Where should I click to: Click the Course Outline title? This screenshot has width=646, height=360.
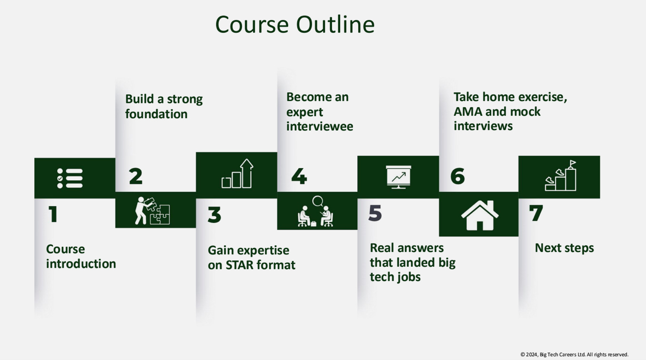pos(295,24)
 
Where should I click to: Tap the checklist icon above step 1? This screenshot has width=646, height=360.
pos(70,178)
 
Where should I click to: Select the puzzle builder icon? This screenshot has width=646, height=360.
pos(152,210)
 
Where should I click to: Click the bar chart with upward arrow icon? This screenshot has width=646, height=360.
pos(237,173)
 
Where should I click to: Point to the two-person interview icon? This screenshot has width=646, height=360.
pos(315,211)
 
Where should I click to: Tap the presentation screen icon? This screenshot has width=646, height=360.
pos(399,177)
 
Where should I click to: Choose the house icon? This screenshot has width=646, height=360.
pos(480,215)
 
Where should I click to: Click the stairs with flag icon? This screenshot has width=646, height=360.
pos(561,176)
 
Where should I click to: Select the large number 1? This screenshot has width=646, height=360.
pos(53,214)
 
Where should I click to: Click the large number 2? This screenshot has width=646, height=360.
pos(136,176)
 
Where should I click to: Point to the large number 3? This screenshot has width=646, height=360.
pos(214,215)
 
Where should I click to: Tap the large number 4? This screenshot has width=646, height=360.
pos(299,176)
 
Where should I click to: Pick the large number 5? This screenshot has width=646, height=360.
pos(375,213)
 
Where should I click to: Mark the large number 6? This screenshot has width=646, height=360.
pos(457,176)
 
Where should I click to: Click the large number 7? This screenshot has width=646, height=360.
pos(536,213)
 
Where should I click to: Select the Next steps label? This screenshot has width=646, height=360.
pos(565,248)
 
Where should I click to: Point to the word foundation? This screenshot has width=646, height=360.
pos(156,114)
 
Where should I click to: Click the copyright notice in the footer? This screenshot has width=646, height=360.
pos(574,354)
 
